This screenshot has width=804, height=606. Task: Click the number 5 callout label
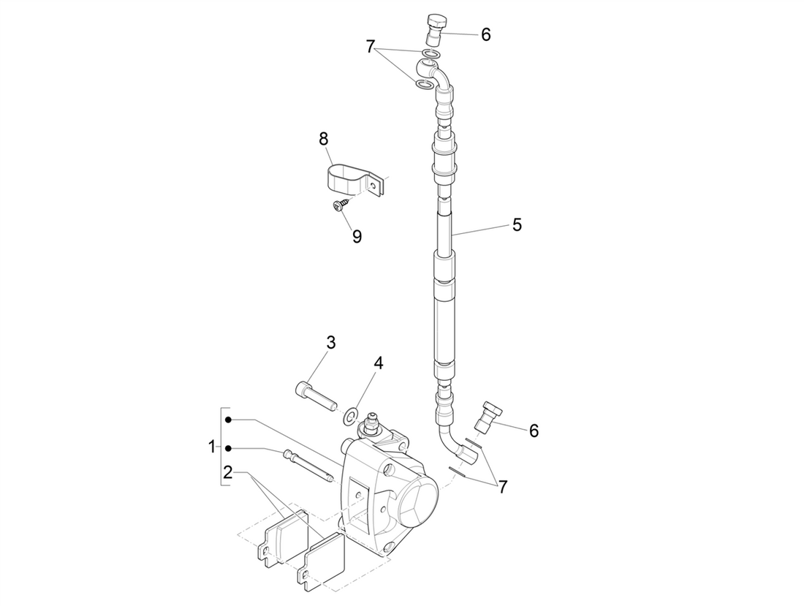517,224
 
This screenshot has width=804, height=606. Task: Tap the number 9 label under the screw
357,237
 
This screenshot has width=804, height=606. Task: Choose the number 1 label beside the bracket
212,446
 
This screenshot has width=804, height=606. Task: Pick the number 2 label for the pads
227,471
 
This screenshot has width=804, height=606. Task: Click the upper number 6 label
485,34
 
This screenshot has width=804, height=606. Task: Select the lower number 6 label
534,431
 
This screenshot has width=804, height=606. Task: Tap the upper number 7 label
371,48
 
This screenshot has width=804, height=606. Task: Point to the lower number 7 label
502,486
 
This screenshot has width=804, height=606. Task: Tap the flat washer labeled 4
351,416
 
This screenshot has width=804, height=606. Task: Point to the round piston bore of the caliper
415,504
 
